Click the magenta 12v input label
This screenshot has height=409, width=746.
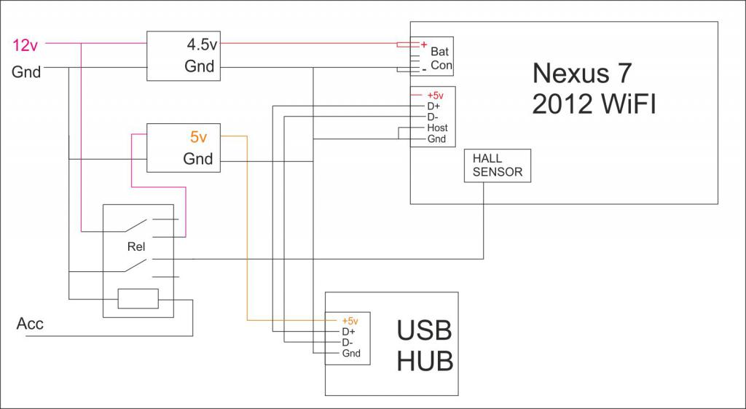(x=25, y=45)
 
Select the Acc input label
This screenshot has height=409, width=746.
(x=30, y=324)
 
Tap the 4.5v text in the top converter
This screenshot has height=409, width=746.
(x=201, y=44)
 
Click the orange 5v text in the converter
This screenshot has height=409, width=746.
(x=198, y=136)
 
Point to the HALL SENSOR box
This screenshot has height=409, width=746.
(x=498, y=166)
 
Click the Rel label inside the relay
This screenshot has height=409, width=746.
(x=136, y=246)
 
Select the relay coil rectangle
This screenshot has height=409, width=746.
(x=138, y=299)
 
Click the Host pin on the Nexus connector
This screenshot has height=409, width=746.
(x=437, y=128)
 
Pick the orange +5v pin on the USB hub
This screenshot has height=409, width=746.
(x=350, y=320)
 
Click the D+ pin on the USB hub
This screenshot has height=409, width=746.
(x=348, y=332)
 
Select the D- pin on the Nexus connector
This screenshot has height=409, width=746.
(x=433, y=117)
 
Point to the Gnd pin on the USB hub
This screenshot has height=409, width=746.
(x=350, y=354)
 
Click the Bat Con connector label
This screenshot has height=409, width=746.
(x=441, y=58)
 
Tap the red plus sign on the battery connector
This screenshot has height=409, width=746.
(x=423, y=44)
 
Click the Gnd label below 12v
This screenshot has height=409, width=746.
(x=26, y=72)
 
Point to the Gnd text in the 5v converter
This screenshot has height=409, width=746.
(x=198, y=159)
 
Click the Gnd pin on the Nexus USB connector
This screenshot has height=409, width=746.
(x=436, y=139)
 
